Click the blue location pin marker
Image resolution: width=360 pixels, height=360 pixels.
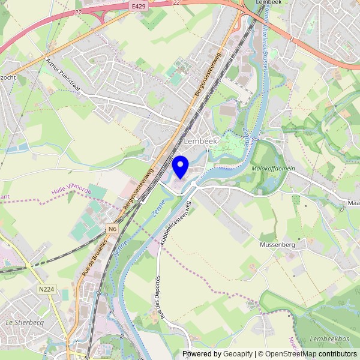(181, 166)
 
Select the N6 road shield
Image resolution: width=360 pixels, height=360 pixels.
(112, 228)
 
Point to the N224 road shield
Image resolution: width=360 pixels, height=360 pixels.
(46, 289)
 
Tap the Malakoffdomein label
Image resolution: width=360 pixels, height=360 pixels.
(273, 169)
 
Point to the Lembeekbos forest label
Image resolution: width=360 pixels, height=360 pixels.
(329, 340)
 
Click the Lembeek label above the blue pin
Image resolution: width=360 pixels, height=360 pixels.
(200, 140)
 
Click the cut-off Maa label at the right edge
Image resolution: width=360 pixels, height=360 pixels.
(353, 203)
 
